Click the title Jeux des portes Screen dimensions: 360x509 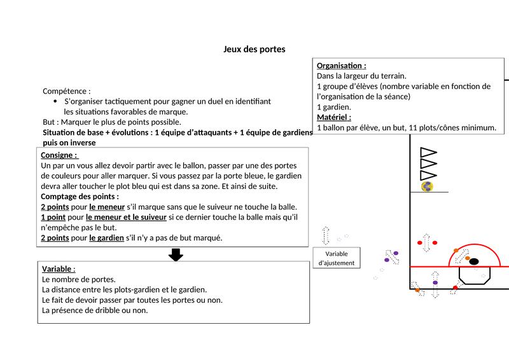coord(254,48)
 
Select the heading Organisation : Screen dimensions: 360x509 coord(341,66)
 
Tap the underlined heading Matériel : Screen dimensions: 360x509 coord(334,117)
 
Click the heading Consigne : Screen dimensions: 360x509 coord(59,155)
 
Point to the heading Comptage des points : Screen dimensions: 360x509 coord(80,197)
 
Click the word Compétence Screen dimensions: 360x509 coord(64,91)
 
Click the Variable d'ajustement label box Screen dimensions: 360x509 coord(337,258)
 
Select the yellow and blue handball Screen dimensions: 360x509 coord(428,186)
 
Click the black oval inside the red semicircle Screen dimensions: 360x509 coord(473,260)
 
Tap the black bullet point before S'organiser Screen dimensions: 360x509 coord(55,101)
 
